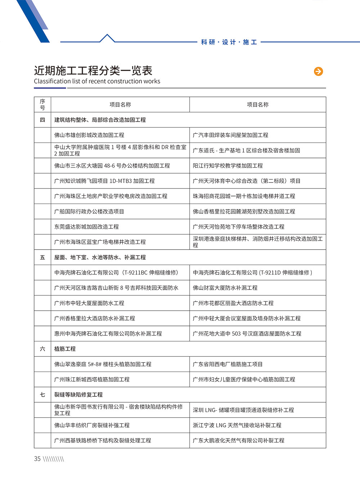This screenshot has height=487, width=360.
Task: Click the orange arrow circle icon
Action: [x=318, y=71]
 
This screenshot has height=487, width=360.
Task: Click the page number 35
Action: [x=37, y=459]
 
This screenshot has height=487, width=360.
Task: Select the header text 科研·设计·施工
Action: [x=229, y=42]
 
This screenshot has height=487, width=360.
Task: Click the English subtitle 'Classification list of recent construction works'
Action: [x=97, y=81]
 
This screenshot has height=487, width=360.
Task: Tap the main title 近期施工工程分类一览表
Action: [x=93, y=70]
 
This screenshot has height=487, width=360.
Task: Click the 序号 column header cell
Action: [x=42, y=104]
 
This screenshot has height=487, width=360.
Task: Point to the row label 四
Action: [x=42, y=120]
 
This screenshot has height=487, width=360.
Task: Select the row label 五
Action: [x=42, y=257]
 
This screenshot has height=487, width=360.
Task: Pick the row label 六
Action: [x=42, y=349]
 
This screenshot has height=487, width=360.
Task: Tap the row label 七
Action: [x=42, y=395]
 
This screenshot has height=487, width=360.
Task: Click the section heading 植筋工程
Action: [x=65, y=349]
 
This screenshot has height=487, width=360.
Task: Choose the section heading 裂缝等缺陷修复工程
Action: [x=78, y=395]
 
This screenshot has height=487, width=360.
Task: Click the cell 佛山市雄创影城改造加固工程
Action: [x=89, y=135]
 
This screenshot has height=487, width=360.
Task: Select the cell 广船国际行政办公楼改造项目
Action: [x=89, y=211]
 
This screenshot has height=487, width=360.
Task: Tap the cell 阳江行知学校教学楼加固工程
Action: [x=228, y=166]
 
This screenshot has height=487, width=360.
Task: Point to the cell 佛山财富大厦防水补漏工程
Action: [x=225, y=288]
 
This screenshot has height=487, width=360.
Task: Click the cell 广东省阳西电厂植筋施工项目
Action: [x=228, y=364]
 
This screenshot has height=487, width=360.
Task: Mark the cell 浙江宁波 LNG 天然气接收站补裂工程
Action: [x=237, y=425]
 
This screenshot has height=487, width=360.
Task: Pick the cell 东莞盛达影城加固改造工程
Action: [x=86, y=227]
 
